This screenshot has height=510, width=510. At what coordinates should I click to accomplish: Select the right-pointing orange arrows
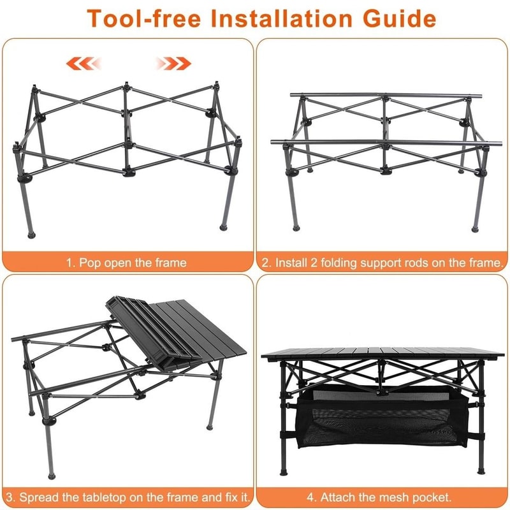(x=173, y=62)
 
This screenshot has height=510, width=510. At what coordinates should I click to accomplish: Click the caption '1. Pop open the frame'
(x=128, y=262)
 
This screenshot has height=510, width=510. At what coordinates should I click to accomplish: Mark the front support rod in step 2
(x=382, y=142)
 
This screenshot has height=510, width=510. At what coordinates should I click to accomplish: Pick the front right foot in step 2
(x=475, y=226)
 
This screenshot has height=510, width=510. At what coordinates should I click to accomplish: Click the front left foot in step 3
(x=50, y=474)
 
